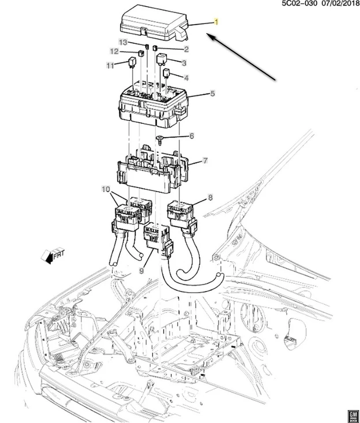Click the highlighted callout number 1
pyautogui.click(x=216, y=22)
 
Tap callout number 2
pyautogui.click(x=186, y=49)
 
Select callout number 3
pyautogui.click(x=184, y=63)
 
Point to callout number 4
pyautogui.click(x=186, y=78)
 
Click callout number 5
pyautogui.click(x=212, y=93)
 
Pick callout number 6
pyautogui.click(x=192, y=136)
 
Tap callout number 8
pyautogui.click(x=210, y=198)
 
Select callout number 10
pyautogui.click(x=106, y=189)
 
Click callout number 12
pyautogui.click(x=115, y=52)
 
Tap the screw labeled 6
pyautogui.click(x=159, y=141)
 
